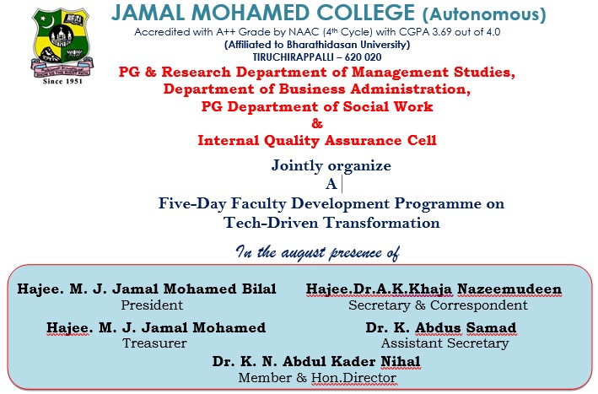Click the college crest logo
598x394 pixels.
pos(62,41)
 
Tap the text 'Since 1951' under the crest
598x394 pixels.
pos(62,81)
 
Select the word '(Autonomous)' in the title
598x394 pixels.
pos(484,14)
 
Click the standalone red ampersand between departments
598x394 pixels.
pos(317,123)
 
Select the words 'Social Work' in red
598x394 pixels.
pos(388,106)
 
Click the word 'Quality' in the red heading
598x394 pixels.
pos(292,141)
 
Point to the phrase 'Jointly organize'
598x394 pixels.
pos(331,165)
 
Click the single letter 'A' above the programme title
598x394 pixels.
pos(331,184)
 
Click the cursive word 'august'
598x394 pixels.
pos(303,252)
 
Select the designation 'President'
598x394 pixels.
pos(152,305)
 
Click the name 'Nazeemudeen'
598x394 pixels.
pos(509,289)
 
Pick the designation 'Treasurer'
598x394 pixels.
pos(155,343)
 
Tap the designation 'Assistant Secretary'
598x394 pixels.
pos(445,343)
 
